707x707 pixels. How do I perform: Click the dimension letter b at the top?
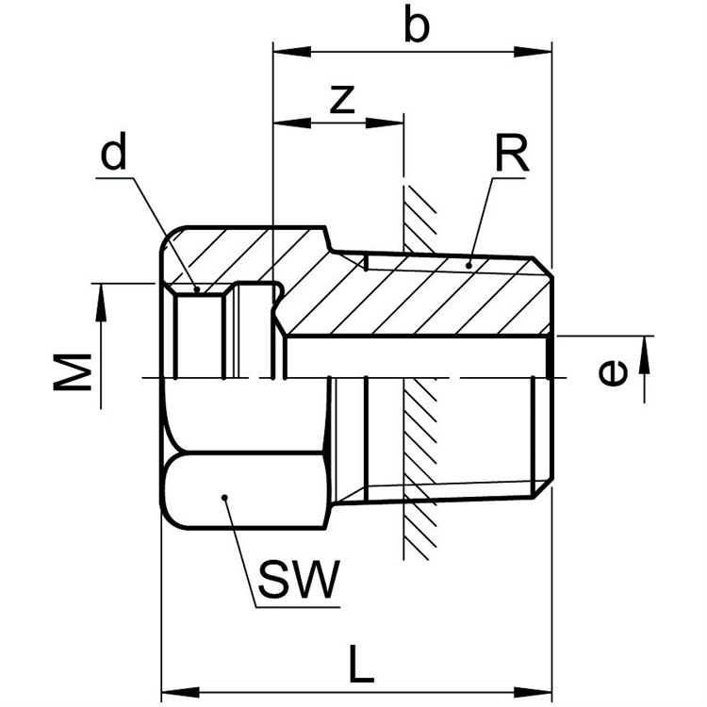tap(416, 24)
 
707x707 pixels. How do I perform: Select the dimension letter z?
tap(342, 99)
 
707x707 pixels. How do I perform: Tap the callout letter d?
tap(113, 150)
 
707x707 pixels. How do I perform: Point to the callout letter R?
tap(512, 154)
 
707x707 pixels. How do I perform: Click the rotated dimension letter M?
tap(73, 371)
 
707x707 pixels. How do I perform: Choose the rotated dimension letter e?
tap(613, 373)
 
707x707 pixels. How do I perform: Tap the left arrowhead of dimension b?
tap(292, 51)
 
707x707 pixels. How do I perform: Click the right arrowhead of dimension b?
tap(533, 51)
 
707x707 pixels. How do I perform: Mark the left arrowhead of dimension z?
tap(292, 123)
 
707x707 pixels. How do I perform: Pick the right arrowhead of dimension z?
tap(385, 123)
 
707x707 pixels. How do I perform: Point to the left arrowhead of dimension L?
tap(180, 692)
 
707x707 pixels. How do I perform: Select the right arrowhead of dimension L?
tap(533, 692)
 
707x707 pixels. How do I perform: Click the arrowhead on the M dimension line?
tap(101, 303)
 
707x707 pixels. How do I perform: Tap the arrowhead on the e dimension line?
tap(645, 354)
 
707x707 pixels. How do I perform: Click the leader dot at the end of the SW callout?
tap(224, 498)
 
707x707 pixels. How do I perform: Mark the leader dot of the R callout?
tap(469, 266)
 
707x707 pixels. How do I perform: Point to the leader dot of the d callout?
tap(197, 289)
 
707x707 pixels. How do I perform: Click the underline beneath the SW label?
tap(298, 607)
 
